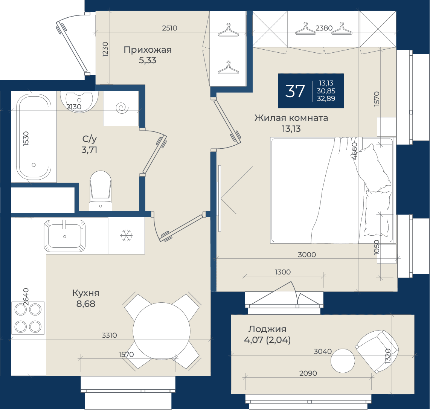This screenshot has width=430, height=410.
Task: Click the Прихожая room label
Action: [x=148, y=50]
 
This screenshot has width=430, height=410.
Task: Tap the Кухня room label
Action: [x=85, y=293]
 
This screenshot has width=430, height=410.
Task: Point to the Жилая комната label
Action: [x=291, y=118]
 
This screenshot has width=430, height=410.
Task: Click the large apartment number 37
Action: [x=295, y=91]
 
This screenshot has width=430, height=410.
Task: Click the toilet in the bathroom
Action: [x=101, y=191]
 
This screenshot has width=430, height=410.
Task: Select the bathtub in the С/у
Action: [x=34, y=137]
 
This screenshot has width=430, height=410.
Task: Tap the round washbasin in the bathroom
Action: [x=79, y=101]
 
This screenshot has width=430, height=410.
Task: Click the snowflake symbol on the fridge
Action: [x=127, y=236]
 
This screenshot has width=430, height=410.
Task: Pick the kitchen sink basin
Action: [x=65, y=236]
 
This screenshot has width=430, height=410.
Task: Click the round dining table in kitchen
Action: [x=162, y=331]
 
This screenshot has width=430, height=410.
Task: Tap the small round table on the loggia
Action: [x=343, y=361]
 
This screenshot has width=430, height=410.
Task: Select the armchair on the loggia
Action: [x=377, y=351]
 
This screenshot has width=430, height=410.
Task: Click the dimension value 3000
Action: [x=307, y=255]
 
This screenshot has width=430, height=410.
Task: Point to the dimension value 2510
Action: [x=169, y=28]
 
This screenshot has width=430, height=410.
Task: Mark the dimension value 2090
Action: [x=308, y=373]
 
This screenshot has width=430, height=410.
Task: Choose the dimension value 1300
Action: [x=282, y=272]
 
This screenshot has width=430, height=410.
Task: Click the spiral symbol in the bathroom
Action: [x=122, y=108]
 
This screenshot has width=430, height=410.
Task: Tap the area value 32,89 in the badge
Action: [x=326, y=99]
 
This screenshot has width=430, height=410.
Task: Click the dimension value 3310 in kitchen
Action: [x=109, y=335]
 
